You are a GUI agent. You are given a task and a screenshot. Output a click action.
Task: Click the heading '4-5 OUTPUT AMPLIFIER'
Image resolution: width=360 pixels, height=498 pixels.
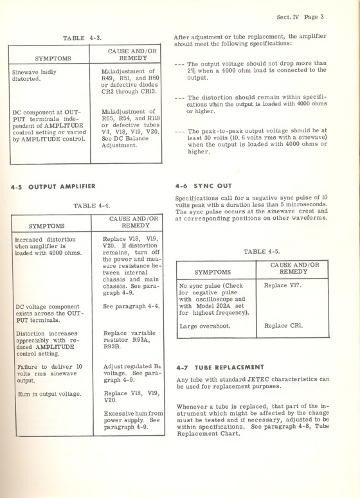click(x=53, y=186)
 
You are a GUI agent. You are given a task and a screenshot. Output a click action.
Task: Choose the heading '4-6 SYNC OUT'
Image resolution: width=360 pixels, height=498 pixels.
click(x=203, y=183)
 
